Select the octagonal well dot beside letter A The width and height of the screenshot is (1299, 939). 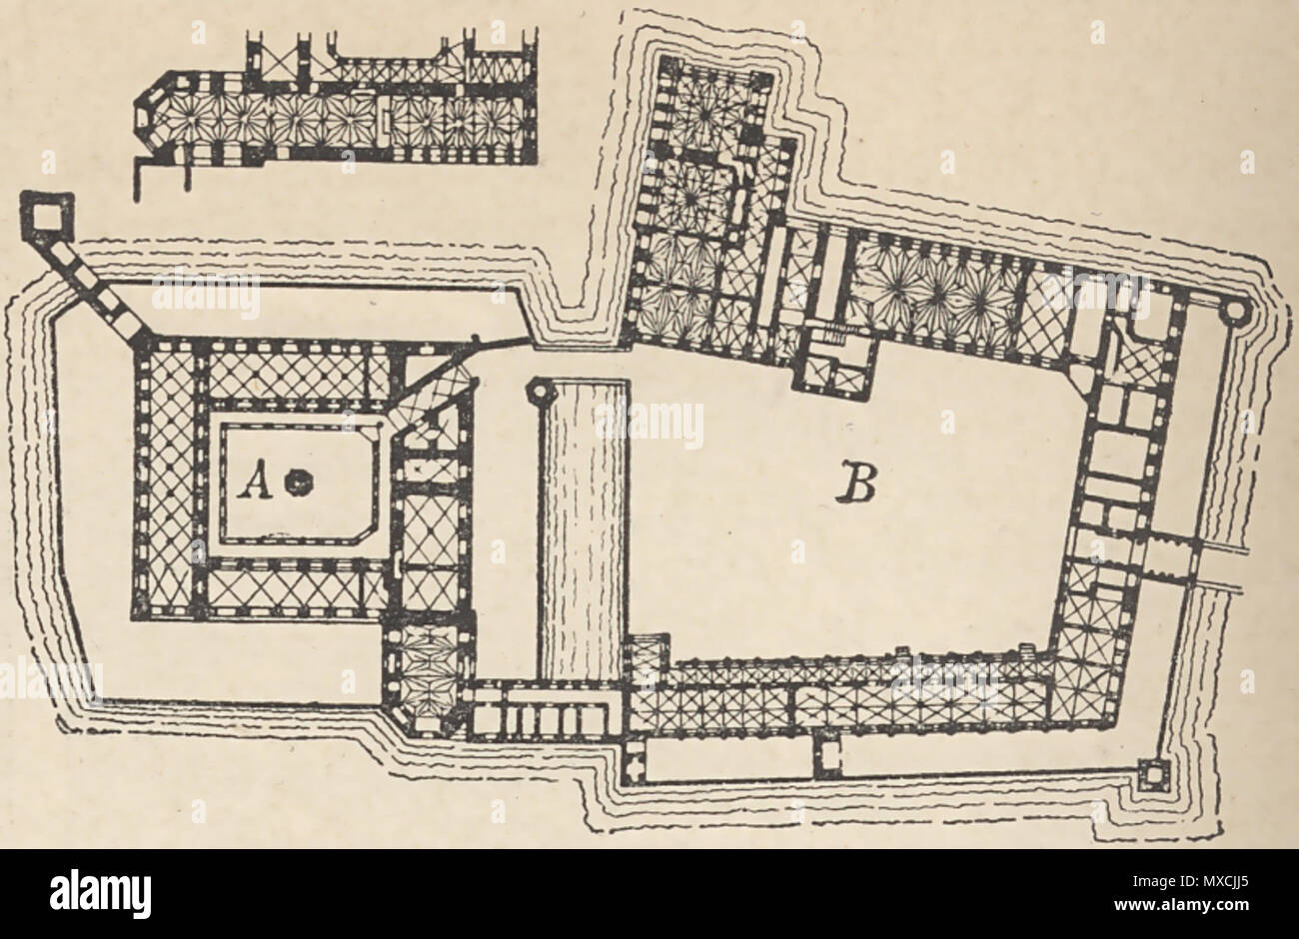click(x=295, y=482)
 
